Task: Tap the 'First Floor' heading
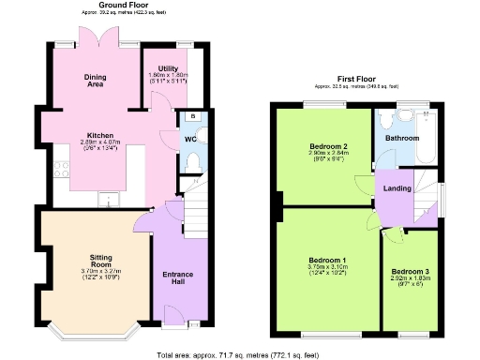[x=355, y=78]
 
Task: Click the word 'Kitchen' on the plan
[x=101, y=134]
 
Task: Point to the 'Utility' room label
[x=168, y=68]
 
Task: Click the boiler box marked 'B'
[x=192, y=116]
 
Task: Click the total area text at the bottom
[x=239, y=353]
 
